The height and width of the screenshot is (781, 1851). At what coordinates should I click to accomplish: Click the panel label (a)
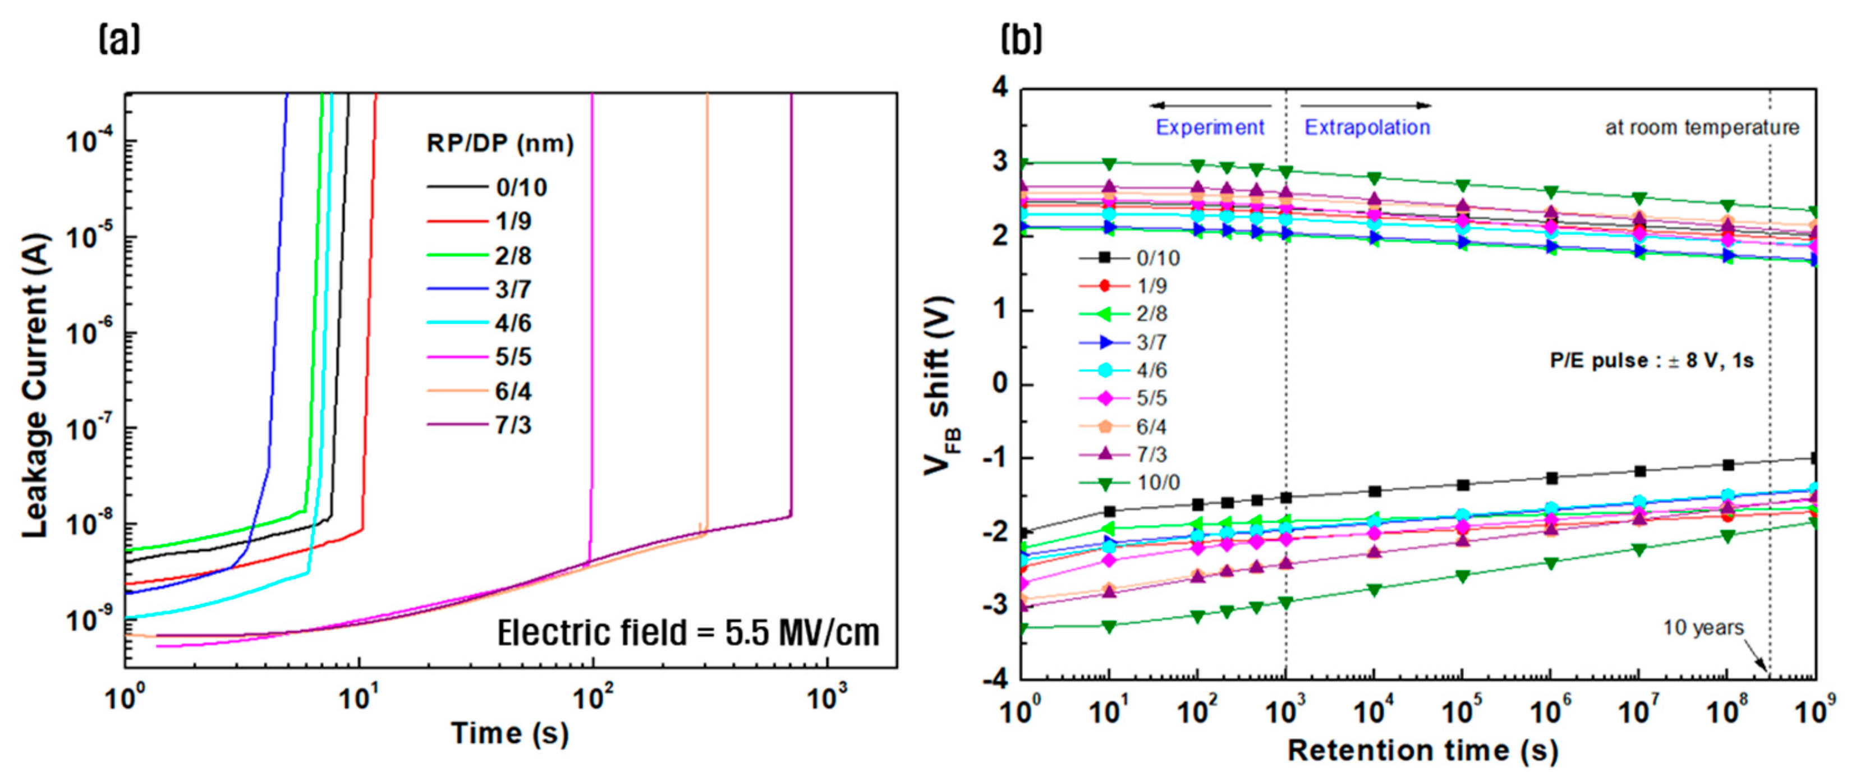point(120,39)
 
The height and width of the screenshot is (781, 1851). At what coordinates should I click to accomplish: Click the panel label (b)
point(1021,39)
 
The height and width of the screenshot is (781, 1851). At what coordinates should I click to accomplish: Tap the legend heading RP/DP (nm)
point(500,143)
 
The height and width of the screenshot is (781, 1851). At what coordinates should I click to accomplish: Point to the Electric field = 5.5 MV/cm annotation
point(688,633)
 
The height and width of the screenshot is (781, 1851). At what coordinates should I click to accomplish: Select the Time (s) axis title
point(509,733)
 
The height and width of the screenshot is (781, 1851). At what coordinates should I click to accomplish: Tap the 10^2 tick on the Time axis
point(591,696)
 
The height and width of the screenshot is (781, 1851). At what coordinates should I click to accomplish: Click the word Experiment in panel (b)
point(1209,127)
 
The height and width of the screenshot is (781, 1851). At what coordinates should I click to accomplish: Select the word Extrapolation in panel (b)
point(1367,127)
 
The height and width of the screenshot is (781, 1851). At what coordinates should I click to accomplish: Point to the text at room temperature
point(1702,127)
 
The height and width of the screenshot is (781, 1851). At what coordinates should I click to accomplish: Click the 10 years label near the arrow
point(1703,627)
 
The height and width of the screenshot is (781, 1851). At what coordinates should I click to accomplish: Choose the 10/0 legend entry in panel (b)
point(1158,482)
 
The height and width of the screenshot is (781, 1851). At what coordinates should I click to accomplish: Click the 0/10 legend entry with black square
point(1158,257)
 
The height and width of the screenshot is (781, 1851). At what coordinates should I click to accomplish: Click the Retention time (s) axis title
point(1423,750)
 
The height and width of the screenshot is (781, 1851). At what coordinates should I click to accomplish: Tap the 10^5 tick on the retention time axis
point(1462,711)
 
